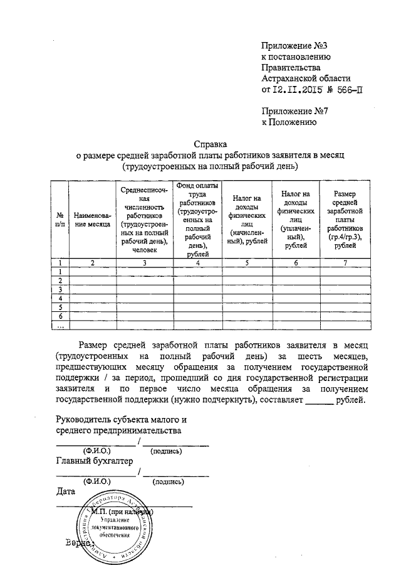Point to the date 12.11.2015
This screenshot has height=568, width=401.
[298, 90]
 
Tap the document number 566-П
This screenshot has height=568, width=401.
[348, 90]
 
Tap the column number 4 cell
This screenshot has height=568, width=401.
[197, 262]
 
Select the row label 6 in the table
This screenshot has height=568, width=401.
[60, 316]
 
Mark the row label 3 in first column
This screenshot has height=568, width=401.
[60, 289]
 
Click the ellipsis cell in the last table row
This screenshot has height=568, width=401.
[60, 325]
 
